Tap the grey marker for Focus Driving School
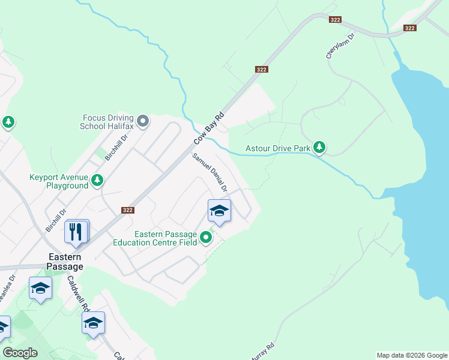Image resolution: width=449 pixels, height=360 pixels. pyautogui.click(x=143, y=122)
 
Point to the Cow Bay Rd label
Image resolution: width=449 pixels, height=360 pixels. pyautogui.click(x=209, y=128)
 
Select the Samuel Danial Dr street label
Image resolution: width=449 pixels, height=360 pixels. pyautogui.click(x=209, y=173)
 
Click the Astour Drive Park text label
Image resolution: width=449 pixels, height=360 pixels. pyautogui.click(x=278, y=148)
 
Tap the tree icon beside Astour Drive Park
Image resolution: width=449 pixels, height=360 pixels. pyautogui.click(x=319, y=147)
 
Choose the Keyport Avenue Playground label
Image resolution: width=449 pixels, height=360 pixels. pyautogui.click(x=59, y=181)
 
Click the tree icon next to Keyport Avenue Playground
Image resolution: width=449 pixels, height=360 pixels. pyautogui.click(x=97, y=180)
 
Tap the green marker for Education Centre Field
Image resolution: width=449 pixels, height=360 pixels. pyautogui.click(x=206, y=238)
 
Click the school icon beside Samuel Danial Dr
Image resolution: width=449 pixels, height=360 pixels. pyautogui.click(x=219, y=211)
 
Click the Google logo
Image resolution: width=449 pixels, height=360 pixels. pyautogui.click(x=20, y=353)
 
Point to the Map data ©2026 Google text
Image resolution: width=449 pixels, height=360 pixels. pyautogui.click(x=412, y=355)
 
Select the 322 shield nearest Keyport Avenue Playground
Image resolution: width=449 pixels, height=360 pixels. pyautogui.click(x=127, y=210)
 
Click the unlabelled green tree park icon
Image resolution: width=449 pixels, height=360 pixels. pyautogui.click(x=8, y=123)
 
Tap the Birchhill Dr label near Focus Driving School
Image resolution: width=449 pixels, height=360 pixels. pyautogui.click(x=116, y=146)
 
